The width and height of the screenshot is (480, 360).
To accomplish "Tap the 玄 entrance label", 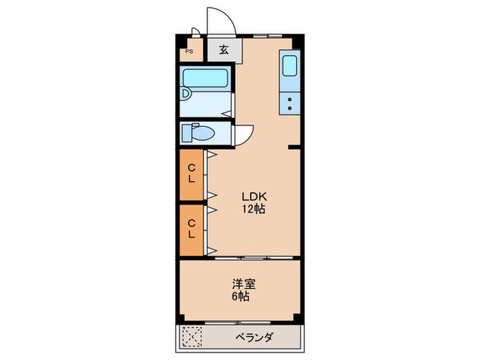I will coord(224,49).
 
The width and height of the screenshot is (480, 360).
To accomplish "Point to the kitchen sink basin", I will coord(289,67).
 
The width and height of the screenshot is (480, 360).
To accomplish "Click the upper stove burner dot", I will coord(289,100).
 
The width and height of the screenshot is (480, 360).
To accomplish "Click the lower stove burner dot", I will coord(289,108).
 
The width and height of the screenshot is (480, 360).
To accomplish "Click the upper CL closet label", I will coord(192,173).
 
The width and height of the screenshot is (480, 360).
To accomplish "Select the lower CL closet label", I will coord(192,228).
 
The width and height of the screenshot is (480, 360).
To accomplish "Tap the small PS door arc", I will coord(195,32).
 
